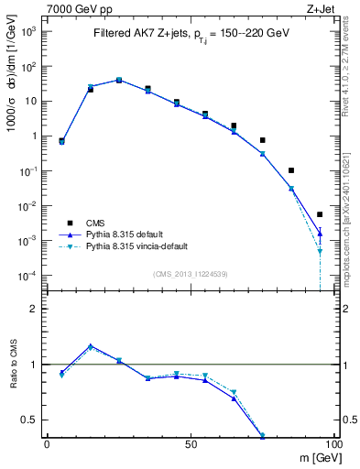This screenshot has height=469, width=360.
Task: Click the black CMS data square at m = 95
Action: [x=320, y=214]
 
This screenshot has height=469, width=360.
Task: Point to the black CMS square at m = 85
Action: [x=290, y=170]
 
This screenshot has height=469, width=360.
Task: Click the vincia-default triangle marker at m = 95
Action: [x=320, y=251]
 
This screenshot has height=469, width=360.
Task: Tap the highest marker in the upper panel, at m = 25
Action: [x=119, y=80]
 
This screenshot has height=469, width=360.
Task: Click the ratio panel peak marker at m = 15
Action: [x=91, y=346]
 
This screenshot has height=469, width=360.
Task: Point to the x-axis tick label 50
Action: [x=191, y=442]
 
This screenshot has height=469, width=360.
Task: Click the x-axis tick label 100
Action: [x=333, y=442]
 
